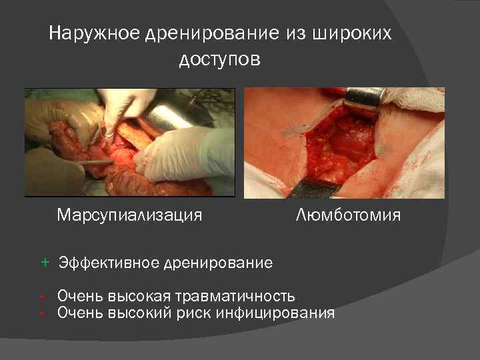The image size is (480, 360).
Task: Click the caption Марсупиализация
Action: tap(129, 215)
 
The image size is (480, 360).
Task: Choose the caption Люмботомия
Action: tap(347, 215)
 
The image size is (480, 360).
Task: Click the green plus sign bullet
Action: tap(45, 262)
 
